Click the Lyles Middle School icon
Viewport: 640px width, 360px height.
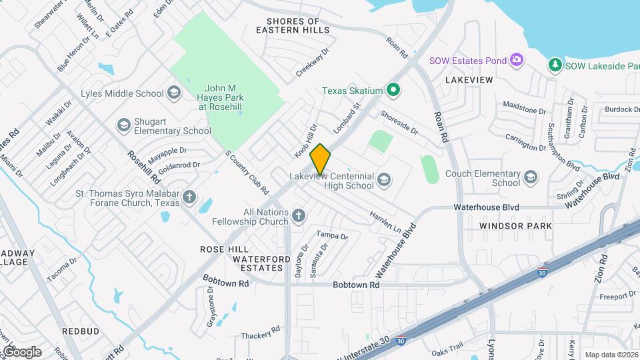click(x=174, y=93)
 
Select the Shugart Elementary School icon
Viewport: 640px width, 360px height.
click(x=123, y=125)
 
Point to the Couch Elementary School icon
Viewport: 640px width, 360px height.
click(x=530, y=177)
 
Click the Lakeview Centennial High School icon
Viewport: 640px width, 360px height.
click(x=384, y=179)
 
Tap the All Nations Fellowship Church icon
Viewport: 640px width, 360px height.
click(x=298, y=215)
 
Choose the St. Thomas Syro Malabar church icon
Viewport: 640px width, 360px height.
click(x=190, y=197)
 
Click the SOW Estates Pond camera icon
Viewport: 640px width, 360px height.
click(x=517, y=61)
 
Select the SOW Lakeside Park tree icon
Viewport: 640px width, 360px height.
click(x=555, y=65)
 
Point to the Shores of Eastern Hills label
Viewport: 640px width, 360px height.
click(x=293, y=26)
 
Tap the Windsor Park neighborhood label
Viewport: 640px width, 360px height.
click(x=515, y=226)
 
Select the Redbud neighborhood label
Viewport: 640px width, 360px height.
click(x=81, y=331)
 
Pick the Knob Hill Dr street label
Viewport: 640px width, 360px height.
click(x=305, y=141)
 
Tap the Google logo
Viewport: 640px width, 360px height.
click(x=21, y=352)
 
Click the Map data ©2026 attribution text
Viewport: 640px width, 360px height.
click(x=611, y=355)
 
